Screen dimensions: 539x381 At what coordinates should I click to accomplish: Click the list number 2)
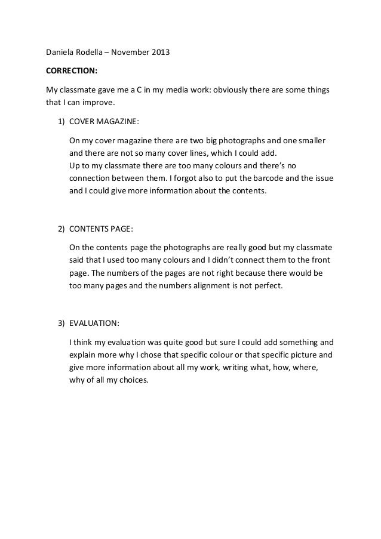62,229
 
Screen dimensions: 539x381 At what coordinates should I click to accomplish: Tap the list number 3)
62,323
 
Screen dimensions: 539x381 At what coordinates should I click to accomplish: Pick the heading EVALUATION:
94,323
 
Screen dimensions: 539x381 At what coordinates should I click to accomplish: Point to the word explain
84,354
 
